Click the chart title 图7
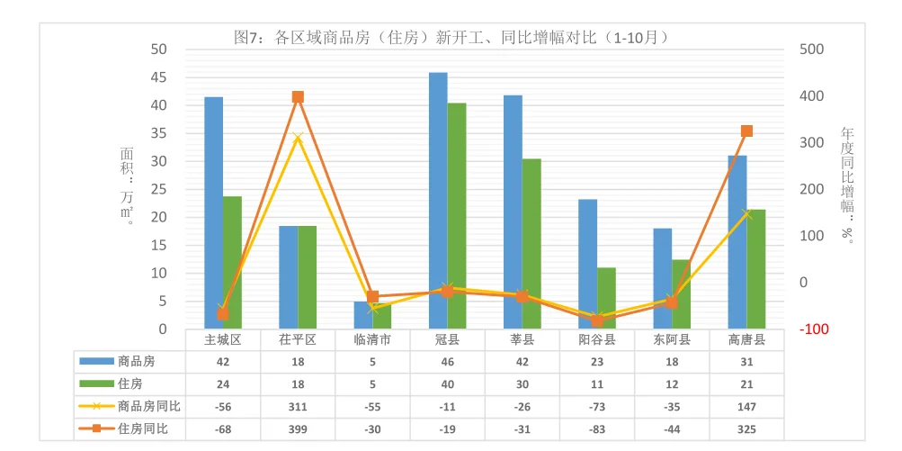(x=450, y=37)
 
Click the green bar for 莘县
(x=532, y=244)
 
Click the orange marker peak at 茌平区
(x=298, y=97)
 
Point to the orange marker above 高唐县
(x=746, y=131)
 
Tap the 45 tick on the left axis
(x=158, y=77)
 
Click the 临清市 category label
(x=372, y=340)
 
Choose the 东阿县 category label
(x=672, y=340)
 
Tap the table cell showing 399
(x=298, y=429)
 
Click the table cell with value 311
(x=298, y=407)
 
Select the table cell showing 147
(x=746, y=407)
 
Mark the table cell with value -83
(x=597, y=429)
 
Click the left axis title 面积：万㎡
(x=127, y=185)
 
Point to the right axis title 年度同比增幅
(x=847, y=185)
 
